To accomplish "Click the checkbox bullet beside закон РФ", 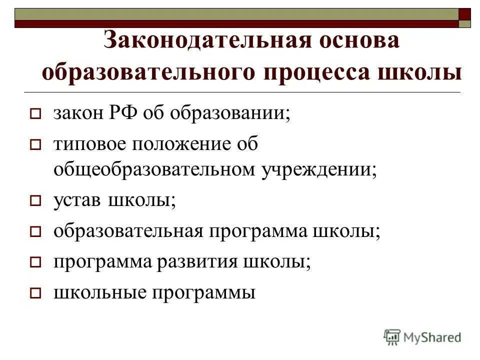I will click(35, 115).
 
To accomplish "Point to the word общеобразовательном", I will click(154, 170).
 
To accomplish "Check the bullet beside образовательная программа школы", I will click(35, 232).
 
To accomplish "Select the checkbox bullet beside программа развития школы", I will click(35, 262).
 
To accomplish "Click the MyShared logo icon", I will click(392, 337).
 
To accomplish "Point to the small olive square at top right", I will click(465, 23).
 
